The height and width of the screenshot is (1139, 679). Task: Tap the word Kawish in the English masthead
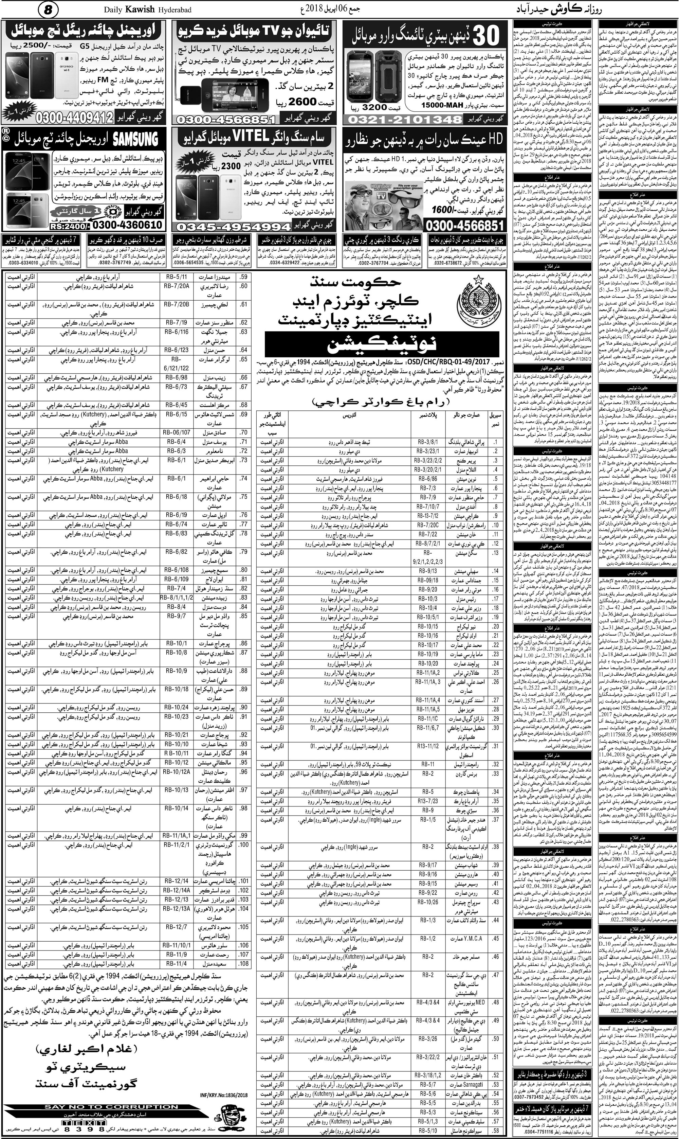point(140,9)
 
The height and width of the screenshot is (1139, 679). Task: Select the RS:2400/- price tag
point(70,226)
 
